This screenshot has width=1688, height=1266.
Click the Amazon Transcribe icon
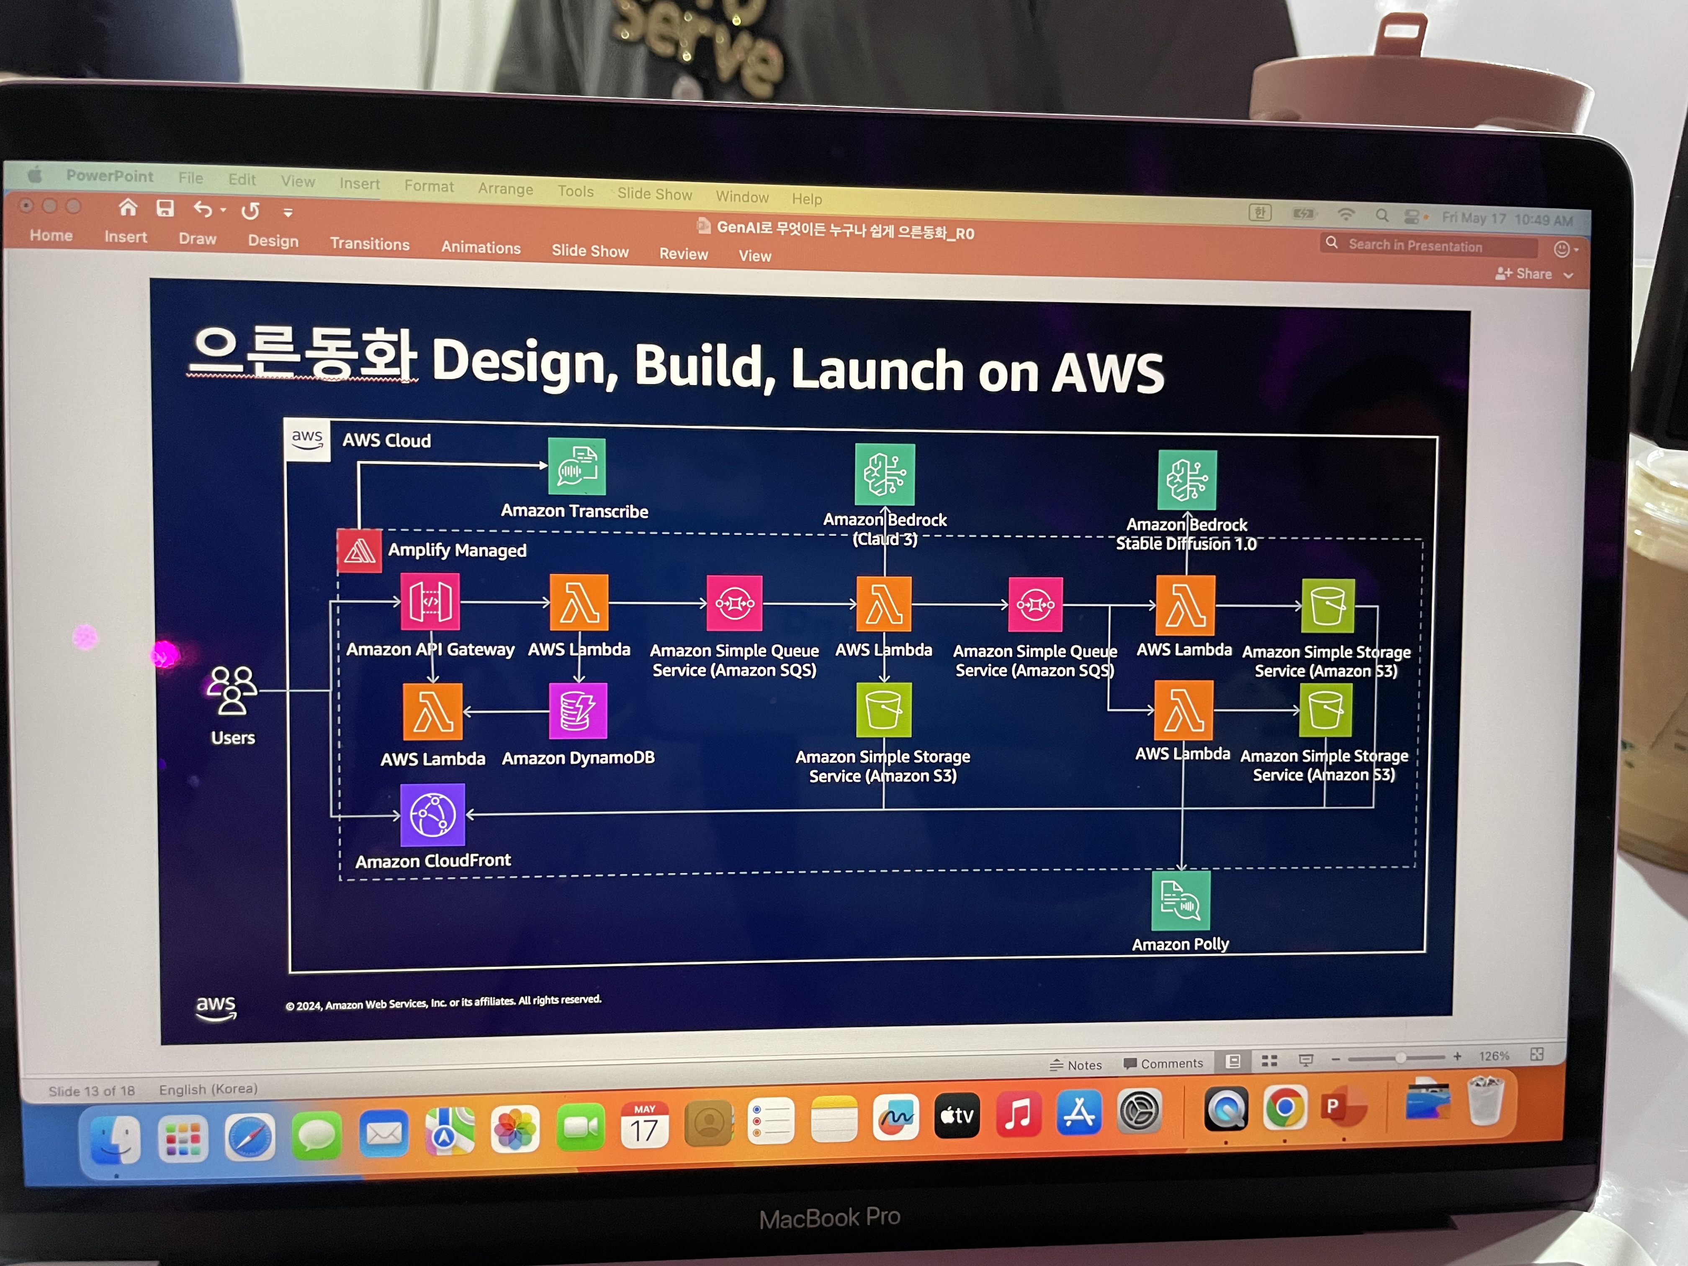coord(577,466)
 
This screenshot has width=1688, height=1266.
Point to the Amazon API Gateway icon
coord(430,602)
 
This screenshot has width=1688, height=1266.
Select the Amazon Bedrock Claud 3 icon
coord(885,475)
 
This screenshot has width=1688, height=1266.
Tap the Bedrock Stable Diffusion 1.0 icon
coord(1186,480)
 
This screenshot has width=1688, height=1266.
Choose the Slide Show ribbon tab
coord(590,251)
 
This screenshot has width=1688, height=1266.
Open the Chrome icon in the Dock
coord(1284,1109)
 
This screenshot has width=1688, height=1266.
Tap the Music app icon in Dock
coord(1018,1115)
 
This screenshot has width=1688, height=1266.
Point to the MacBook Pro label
coord(829,1217)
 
